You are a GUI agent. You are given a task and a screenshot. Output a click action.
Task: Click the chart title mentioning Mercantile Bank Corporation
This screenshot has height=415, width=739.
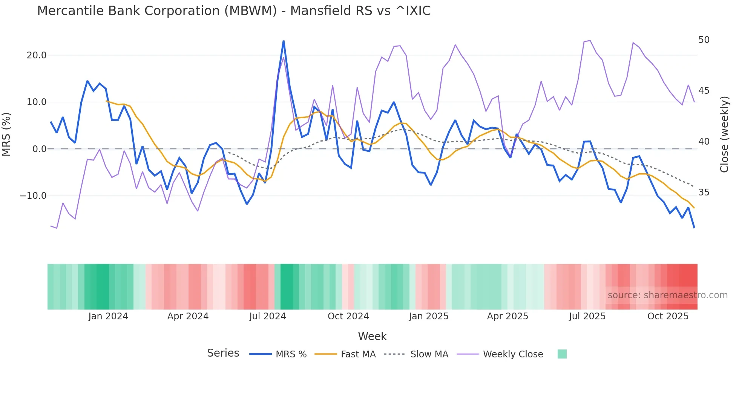click(234, 11)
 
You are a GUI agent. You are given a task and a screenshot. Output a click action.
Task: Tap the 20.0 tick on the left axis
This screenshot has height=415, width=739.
click(37, 55)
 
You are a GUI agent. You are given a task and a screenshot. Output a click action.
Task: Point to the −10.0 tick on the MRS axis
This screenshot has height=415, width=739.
click(33, 196)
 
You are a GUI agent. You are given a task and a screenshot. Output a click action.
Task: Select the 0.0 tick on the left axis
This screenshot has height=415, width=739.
click(40, 149)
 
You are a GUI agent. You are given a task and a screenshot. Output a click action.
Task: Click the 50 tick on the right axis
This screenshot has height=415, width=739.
click(704, 40)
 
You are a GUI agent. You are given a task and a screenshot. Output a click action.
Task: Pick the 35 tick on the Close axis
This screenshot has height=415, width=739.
click(704, 192)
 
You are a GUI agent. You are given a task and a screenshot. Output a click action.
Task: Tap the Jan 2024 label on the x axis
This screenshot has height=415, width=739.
click(108, 316)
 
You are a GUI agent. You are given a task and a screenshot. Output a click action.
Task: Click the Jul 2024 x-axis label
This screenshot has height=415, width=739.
click(267, 316)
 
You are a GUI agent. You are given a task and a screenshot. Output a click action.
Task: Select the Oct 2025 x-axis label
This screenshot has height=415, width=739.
click(668, 316)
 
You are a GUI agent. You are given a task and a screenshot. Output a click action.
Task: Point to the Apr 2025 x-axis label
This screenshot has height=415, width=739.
click(507, 316)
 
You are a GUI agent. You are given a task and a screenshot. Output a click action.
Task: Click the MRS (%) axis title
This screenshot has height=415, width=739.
click(6, 134)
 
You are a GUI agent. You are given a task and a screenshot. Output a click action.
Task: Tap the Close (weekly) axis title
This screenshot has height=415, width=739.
click(724, 134)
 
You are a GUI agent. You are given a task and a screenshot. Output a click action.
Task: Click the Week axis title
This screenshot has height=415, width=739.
click(372, 336)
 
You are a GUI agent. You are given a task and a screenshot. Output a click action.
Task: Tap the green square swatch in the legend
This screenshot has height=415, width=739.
click(562, 354)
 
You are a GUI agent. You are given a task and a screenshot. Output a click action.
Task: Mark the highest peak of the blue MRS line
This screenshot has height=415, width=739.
click(284, 41)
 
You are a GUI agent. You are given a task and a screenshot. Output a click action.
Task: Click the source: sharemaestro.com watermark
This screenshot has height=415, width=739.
click(667, 295)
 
